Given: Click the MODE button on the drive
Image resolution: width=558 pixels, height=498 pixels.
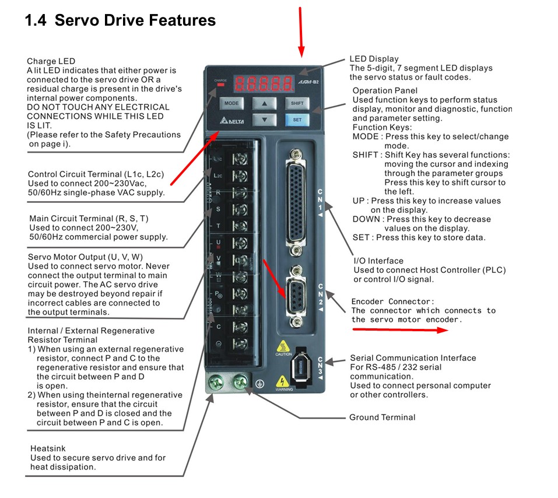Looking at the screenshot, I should point(231,103).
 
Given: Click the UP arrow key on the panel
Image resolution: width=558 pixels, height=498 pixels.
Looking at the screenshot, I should point(265,103).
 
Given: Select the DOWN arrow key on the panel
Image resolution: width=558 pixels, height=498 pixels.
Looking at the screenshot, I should point(265,120).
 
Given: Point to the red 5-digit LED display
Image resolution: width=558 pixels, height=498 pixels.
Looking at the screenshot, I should point(262,83).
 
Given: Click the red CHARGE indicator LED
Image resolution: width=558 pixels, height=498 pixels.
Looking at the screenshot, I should point(220,85).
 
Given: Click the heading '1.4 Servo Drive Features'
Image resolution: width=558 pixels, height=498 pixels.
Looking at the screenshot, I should point(120,21).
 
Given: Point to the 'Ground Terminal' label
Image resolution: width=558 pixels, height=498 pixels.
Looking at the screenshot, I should point(382,418).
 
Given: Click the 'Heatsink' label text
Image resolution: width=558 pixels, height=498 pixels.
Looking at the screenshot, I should point(48,448).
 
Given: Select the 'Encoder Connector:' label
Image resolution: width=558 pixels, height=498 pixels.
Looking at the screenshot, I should point(392,301).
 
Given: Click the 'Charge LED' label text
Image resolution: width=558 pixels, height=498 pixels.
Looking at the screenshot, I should point(51,61).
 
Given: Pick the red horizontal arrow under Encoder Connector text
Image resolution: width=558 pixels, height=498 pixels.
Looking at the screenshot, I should point(399,329).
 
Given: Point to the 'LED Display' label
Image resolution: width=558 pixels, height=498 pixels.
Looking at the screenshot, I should point(374,59).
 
